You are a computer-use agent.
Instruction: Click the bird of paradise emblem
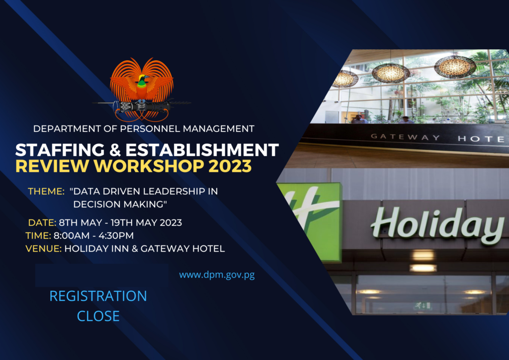pos(142,90)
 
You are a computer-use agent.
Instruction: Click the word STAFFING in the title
pos(60,150)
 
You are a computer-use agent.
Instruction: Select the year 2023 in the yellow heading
pos(230,166)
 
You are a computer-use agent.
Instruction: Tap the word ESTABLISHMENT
pos(202,150)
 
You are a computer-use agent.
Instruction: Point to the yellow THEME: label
pos(46,191)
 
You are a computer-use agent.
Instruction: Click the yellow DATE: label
pos(42,223)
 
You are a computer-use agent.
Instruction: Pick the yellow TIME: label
pos(38,235)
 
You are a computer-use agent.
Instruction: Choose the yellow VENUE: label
pos(44,249)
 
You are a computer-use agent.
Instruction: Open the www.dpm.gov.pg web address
pos(217,275)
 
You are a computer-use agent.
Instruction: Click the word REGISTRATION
pos(98,296)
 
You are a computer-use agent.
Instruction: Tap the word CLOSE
pos(98,316)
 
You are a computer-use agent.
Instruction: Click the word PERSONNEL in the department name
pos(150,129)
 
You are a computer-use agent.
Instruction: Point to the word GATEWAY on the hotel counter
pos(405,137)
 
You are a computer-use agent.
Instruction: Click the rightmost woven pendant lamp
pos(455,67)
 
